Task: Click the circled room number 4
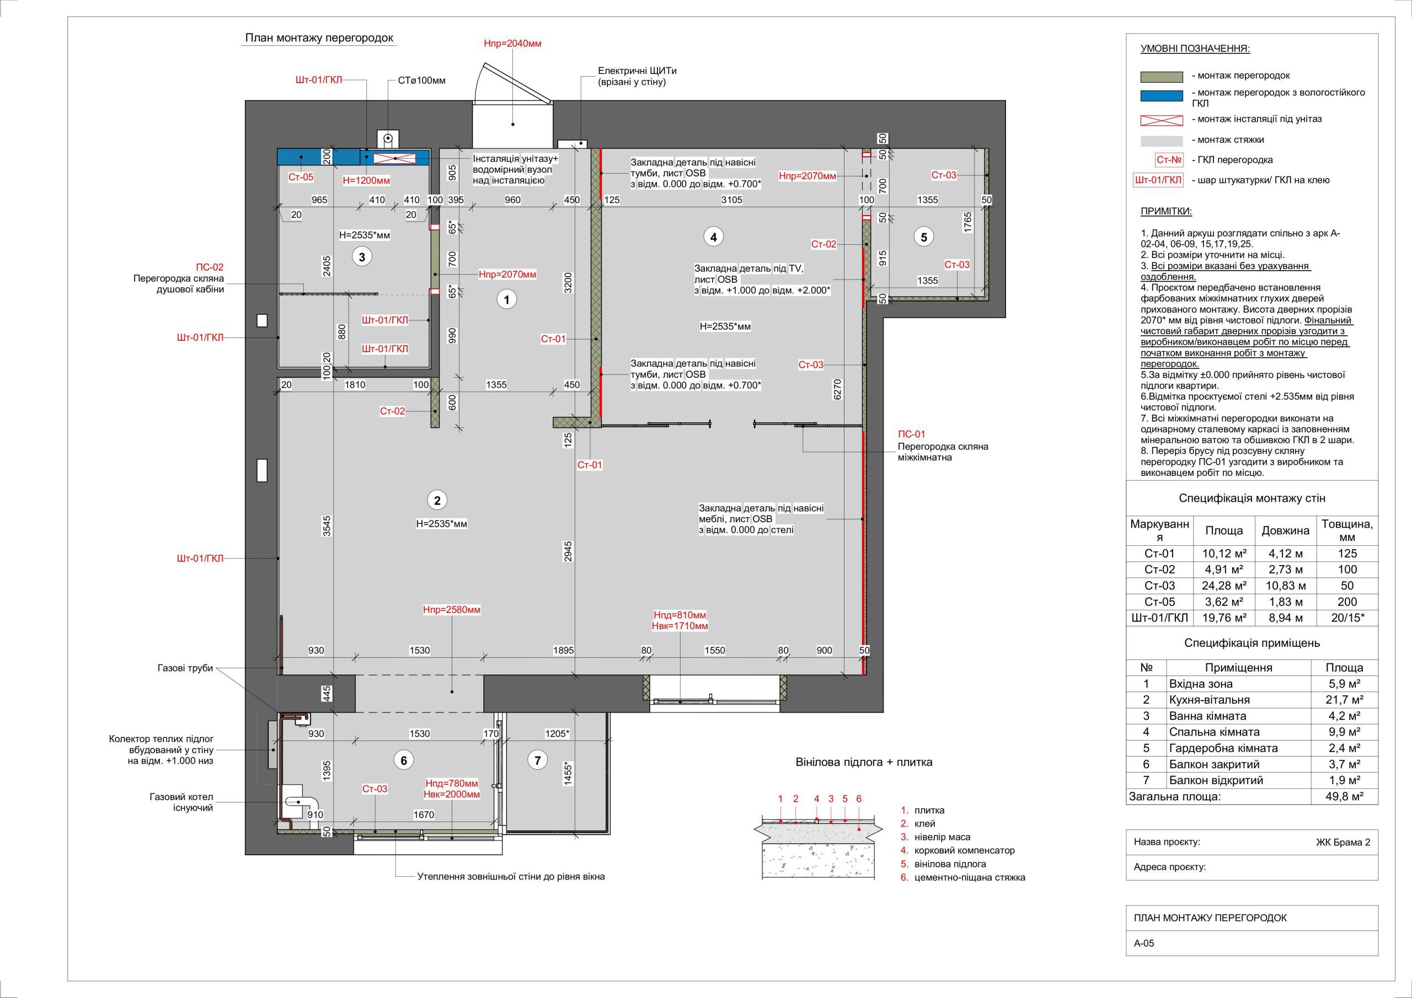point(713,237)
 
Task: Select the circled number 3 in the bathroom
point(362,256)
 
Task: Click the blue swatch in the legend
point(1161,96)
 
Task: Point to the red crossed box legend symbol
point(1161,120)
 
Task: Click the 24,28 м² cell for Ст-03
point(1224,586)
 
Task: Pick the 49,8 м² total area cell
point(1344,796)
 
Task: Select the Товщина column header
point(1347,530)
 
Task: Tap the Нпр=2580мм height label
point(451,610)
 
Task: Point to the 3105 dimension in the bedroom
point(732,200)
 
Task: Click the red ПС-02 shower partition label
point(210,267)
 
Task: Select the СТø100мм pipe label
point(422,81)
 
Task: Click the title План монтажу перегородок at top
point(319,38)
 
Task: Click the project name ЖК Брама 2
point(1343,843)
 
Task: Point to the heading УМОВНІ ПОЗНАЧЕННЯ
point(1196,49)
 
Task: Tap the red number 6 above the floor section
point(859,799)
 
